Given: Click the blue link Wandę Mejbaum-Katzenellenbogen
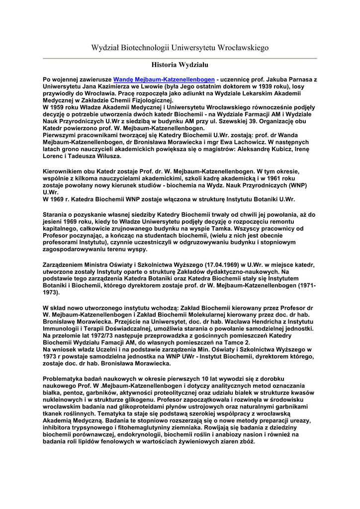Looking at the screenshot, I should [164, 79].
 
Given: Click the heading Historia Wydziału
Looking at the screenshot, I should [180, 65].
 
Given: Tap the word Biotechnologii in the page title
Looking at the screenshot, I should [143, 48].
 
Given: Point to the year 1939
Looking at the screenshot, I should [270, 86].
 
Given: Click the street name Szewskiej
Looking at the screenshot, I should [253, 121].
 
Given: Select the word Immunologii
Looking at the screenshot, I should [65, 329].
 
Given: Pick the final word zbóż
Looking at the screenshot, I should [247, 441].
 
